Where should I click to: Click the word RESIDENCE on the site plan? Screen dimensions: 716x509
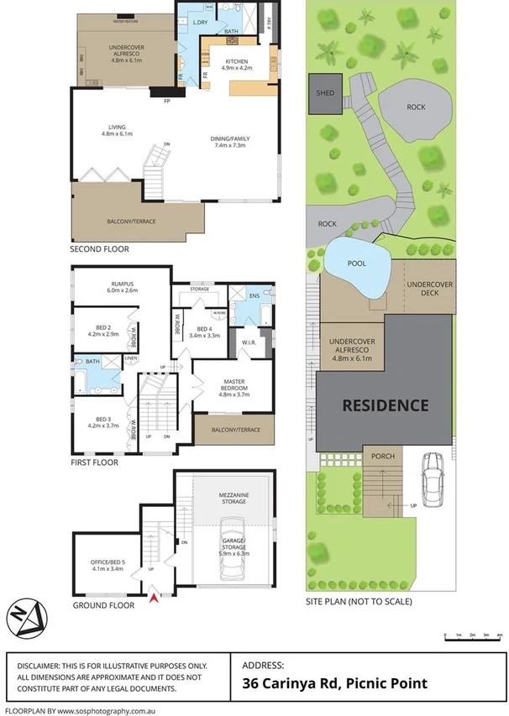(x=385, y=405)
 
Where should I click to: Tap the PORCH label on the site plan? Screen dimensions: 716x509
(x=383, y=457)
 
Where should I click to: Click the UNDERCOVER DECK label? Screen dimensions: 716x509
(x=429, y=290)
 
